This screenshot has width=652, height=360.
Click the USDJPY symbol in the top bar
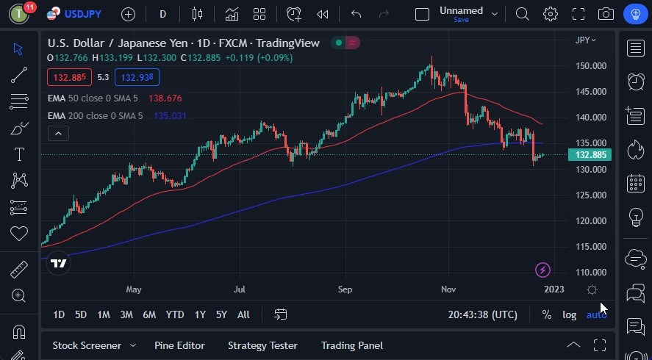[x=82, y=14]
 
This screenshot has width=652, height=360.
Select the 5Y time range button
[x=221, y=314]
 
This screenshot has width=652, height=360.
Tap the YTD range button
[x=175, y=314]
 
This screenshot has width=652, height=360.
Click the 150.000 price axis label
[x=591, y=65]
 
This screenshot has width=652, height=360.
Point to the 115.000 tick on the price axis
[x=591, y=246]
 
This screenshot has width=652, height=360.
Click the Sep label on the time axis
[x=345, y=289]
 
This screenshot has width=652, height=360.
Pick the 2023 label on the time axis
[x=554, y=289]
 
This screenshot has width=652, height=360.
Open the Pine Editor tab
[x=179, y=345]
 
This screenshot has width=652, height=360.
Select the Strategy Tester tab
[x=262, y=345]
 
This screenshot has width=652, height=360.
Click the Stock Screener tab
[x=86, y=345]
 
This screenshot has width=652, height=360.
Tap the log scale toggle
[x=570, y=314]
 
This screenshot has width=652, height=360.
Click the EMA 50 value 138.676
[x=165, y=98]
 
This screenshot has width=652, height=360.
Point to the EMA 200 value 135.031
[x=170, y=115]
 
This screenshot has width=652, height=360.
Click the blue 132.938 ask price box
[x=137, y=77]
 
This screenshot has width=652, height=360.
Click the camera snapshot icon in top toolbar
[x=606, y=14]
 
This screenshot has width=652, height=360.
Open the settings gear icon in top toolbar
[x=550, y=14]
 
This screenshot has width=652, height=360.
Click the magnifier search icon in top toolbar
[x=522, y=14]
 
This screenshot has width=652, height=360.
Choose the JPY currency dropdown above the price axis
[x=585, y=40]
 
